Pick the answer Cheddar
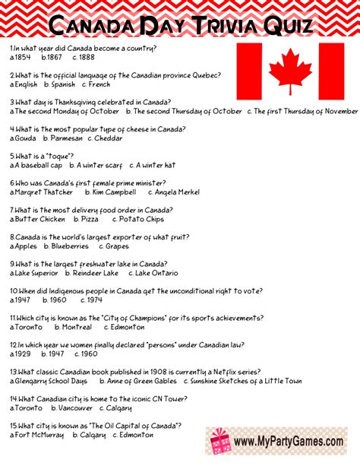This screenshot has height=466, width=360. pyautogui.click(x=110, y=138)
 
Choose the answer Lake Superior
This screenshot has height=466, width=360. pyautogui.click(x=35, y=273)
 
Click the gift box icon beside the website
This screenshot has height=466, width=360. pyautogui.click(x=220, y=439)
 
